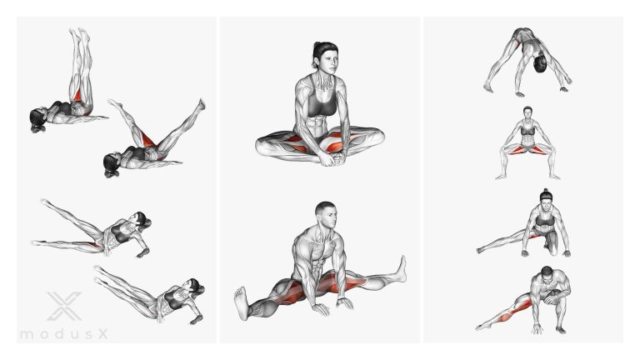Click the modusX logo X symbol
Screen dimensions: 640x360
pyautogui.click(x=64, y=306)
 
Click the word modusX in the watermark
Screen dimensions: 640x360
pyautogui.click(x=64, y=334)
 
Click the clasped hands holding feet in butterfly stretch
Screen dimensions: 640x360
pyautogui.click(x=332, y=158)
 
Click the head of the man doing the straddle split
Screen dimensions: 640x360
pyautogui.click(x=327, y=215)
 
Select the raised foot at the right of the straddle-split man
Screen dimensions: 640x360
pyautogui.click(x=402, y=269)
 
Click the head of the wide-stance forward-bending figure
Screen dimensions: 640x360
pyautogui.click(x=540, y=64)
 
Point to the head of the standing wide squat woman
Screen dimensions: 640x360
pyautogui.click(x=527, y=112)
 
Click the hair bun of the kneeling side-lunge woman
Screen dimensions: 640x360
pyautogui.click(x=545, y=191)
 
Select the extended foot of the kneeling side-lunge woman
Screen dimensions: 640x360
pyautogui.click(x=481, y=250)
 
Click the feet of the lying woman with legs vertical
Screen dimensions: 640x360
pyautogui.click(x=80, y=35)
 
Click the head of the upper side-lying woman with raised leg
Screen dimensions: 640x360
pyautogui.click(x=142, y=220)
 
